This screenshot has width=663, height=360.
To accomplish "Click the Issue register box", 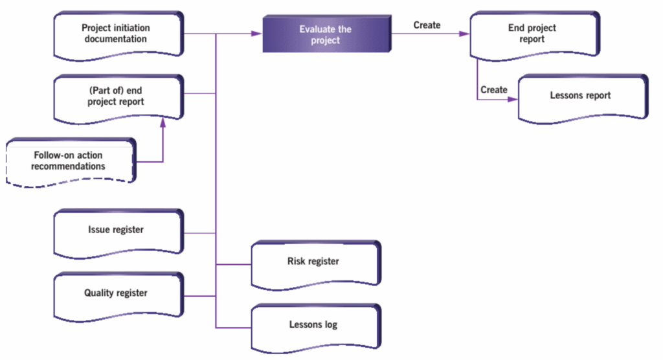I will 116,230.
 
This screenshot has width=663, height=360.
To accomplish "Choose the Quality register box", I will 116,293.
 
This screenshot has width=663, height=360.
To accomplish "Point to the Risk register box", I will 313,262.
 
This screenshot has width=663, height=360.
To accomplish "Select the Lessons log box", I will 313,324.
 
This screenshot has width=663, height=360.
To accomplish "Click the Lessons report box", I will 580,96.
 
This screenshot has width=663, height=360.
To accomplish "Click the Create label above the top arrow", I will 427,25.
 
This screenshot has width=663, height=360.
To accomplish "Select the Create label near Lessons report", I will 494,89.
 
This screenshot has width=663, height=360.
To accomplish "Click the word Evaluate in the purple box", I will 314,29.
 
